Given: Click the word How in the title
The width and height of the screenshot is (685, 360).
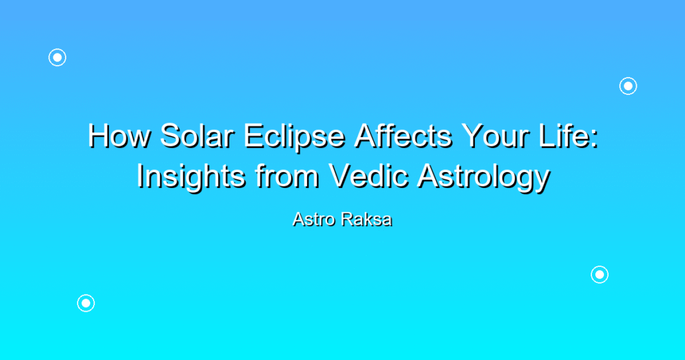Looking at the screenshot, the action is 120,136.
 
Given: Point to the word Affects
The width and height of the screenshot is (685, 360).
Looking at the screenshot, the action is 403,136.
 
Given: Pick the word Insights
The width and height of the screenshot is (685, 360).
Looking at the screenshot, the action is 191,177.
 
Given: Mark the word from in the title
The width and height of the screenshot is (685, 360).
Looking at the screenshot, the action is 287,176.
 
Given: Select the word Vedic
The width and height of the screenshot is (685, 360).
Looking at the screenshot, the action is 369,176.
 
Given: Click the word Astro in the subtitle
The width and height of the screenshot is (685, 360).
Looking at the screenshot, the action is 314,219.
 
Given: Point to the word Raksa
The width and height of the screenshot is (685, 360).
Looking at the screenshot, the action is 366,219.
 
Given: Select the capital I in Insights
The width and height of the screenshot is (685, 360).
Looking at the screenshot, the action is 140,176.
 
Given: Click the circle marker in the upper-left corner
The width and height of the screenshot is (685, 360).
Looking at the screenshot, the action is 58,58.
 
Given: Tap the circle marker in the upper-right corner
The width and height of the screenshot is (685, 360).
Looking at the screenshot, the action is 628,86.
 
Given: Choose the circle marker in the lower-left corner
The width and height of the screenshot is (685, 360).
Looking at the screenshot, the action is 86,303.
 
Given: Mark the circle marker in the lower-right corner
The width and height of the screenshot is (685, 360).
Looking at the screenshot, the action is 600,275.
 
